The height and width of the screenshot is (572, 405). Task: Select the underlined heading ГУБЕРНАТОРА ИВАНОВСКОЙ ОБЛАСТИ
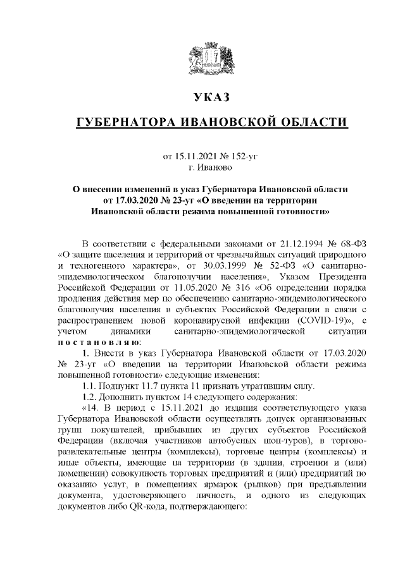point(211,122)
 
